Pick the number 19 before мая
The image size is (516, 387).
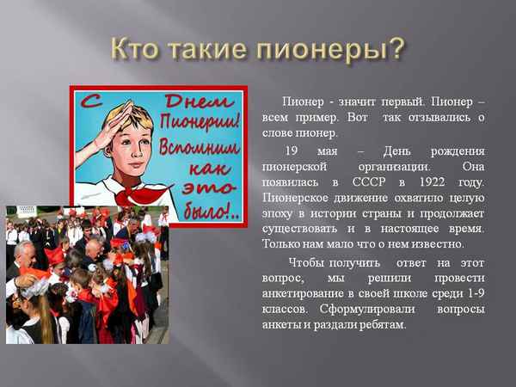pyautogui.click(x=292, y=150)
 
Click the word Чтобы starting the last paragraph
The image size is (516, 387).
pyautogui.click(x=307, y=262)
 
